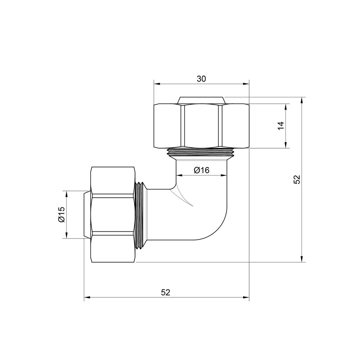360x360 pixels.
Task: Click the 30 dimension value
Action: click(201, 79)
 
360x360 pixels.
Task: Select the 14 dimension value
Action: click(281, 126)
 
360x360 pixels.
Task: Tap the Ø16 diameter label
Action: click(201, 170)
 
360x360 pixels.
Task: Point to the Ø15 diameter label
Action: click(61, 215)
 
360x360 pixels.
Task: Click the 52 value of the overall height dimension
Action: click(297, 179)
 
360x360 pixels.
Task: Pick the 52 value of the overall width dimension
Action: click(165, 292)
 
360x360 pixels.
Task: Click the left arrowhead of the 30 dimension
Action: click(156, 84)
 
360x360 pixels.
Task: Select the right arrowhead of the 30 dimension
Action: click(246, 84)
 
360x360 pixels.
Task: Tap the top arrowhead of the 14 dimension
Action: click(286, 107)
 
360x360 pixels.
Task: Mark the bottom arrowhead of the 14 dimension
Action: click(286, 145)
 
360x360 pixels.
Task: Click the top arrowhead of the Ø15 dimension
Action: click(67, 193)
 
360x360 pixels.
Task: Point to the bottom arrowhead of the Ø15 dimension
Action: click(67, 236)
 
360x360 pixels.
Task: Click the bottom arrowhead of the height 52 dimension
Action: click(302, 259)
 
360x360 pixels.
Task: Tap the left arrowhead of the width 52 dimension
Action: click(87, 298)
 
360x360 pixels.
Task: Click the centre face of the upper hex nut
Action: click(201, 126)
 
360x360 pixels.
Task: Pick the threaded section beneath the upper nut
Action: click(201, 153)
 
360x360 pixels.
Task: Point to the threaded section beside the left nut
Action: click(140, 215)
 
